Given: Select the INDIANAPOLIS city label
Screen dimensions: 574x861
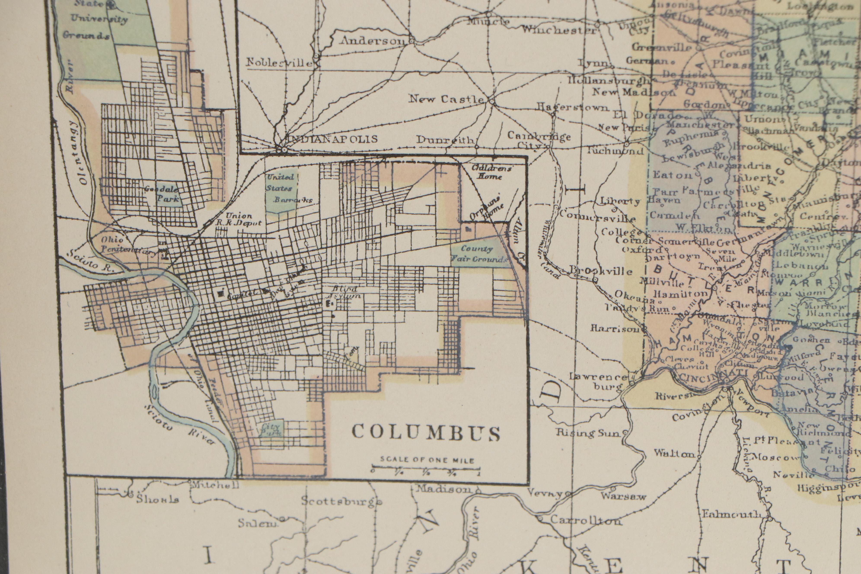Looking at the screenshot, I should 332,139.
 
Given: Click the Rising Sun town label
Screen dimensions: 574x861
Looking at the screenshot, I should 589,434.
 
